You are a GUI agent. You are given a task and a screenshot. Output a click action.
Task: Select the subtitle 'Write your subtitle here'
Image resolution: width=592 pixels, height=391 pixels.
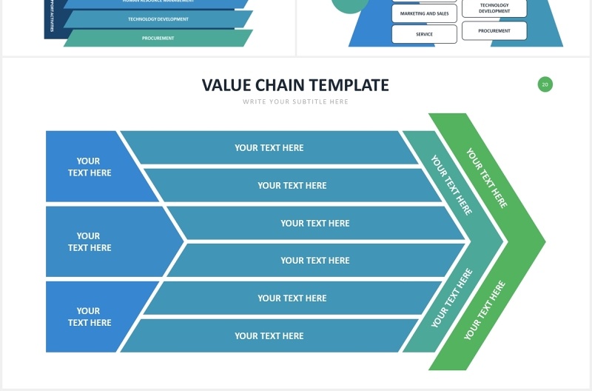295,101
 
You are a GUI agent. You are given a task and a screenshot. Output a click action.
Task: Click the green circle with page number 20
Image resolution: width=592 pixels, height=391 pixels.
545,84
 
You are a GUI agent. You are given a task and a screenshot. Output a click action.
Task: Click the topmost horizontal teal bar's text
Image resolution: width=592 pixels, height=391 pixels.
269,147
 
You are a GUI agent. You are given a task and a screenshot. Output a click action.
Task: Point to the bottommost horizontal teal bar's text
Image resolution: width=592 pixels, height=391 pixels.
269,335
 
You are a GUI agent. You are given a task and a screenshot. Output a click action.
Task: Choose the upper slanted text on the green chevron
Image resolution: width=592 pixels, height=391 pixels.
486,178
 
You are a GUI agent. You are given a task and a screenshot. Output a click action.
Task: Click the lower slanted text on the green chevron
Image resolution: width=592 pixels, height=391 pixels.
485,310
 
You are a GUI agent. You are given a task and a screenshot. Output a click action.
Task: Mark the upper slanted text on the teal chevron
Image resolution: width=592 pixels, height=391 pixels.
451,185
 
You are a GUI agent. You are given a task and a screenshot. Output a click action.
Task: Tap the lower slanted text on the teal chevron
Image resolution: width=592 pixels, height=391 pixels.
451,298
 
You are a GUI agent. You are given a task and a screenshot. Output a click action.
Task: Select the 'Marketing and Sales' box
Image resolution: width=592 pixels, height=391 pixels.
424,13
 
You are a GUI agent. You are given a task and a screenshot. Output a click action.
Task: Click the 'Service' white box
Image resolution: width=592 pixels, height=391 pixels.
424,34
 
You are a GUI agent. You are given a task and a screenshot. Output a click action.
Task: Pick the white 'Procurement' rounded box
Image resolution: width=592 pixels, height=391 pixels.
494,31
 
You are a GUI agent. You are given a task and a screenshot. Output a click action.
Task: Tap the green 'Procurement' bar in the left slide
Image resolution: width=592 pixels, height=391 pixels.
158,38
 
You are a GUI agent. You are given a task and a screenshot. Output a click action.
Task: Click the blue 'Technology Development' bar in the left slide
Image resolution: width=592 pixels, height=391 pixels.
158,19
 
